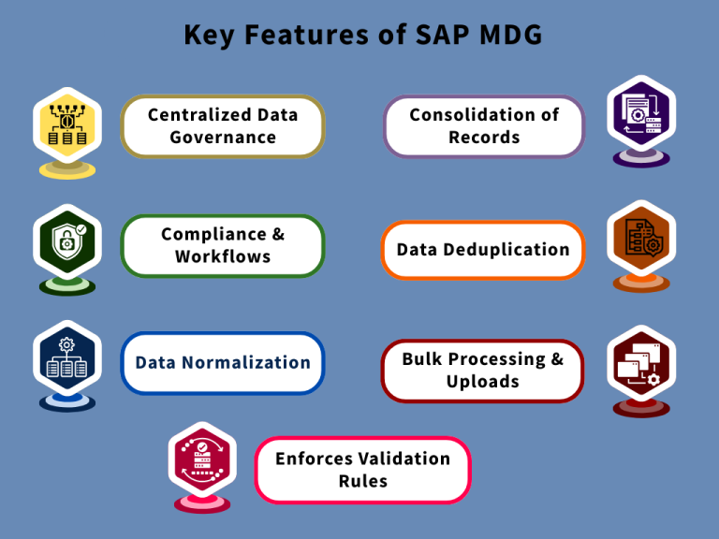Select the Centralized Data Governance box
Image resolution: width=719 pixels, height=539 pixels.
tap(223, 126)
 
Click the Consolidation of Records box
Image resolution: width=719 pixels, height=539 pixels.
tap(484, 126)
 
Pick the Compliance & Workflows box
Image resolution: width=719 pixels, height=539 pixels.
tap(223, 245)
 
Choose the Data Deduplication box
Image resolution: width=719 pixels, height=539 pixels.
tap(483, 250)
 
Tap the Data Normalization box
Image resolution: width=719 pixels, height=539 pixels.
tap(223, 363)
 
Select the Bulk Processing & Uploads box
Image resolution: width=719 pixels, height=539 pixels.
tap(483, 371)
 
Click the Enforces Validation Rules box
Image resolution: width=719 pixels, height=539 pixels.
tap(362, 470)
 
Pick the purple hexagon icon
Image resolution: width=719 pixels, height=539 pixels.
tap(641, 116)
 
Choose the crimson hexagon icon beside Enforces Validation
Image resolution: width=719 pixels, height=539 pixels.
tap(202, 461)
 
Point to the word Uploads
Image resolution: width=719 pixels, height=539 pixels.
tap(483, 382)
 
